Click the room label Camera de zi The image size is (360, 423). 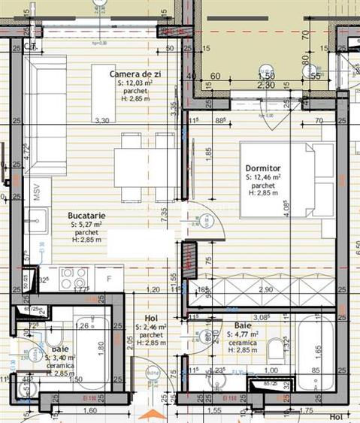135,74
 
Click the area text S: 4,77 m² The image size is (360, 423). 241,334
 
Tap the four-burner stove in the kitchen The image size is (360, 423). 73,277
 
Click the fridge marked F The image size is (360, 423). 109,278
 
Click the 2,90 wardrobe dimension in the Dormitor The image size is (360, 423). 265,289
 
